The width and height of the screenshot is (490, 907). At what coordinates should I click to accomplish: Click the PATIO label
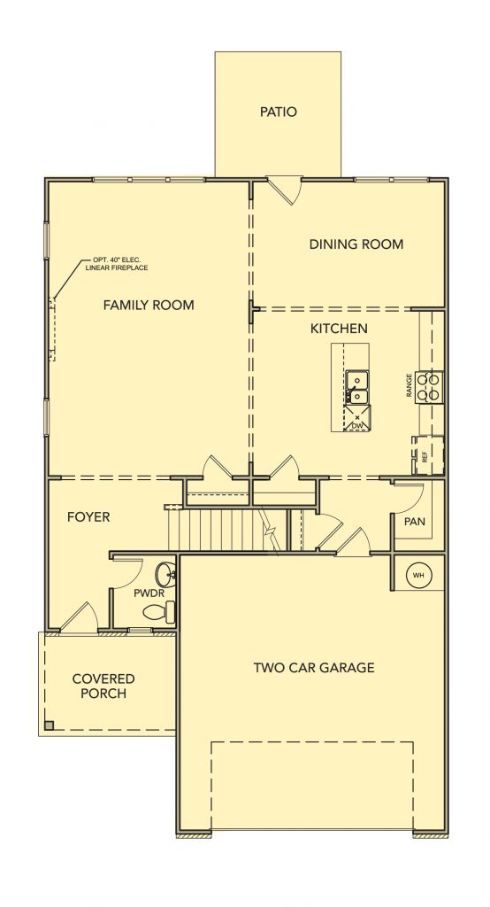coord(278,112)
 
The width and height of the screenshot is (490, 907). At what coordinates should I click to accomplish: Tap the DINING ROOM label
coord(356,244)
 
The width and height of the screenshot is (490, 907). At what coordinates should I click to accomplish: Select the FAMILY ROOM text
coord(149,305)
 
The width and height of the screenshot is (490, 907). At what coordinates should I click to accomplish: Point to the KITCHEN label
coord(339,329)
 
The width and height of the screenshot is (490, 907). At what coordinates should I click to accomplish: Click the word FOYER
coord(88,516)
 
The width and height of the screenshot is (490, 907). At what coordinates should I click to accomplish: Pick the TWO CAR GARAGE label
coord(314,668)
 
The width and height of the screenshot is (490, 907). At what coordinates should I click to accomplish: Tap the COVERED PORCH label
coord(103,686)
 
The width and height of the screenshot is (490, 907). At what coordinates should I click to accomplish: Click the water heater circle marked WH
coord(419,575)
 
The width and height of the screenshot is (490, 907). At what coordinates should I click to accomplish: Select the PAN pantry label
coord(414,521)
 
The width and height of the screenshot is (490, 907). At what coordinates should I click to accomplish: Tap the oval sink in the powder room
coord(165,574)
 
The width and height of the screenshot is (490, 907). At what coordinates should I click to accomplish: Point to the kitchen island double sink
coord(357,387)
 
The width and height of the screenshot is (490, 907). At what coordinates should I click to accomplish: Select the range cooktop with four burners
coord(430,387)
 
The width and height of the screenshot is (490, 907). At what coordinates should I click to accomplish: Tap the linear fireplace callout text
coord(117,264)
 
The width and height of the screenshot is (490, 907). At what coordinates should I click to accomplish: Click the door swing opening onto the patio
coord(285,190)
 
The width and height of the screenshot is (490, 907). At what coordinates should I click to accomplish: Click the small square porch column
coord(50,725)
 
